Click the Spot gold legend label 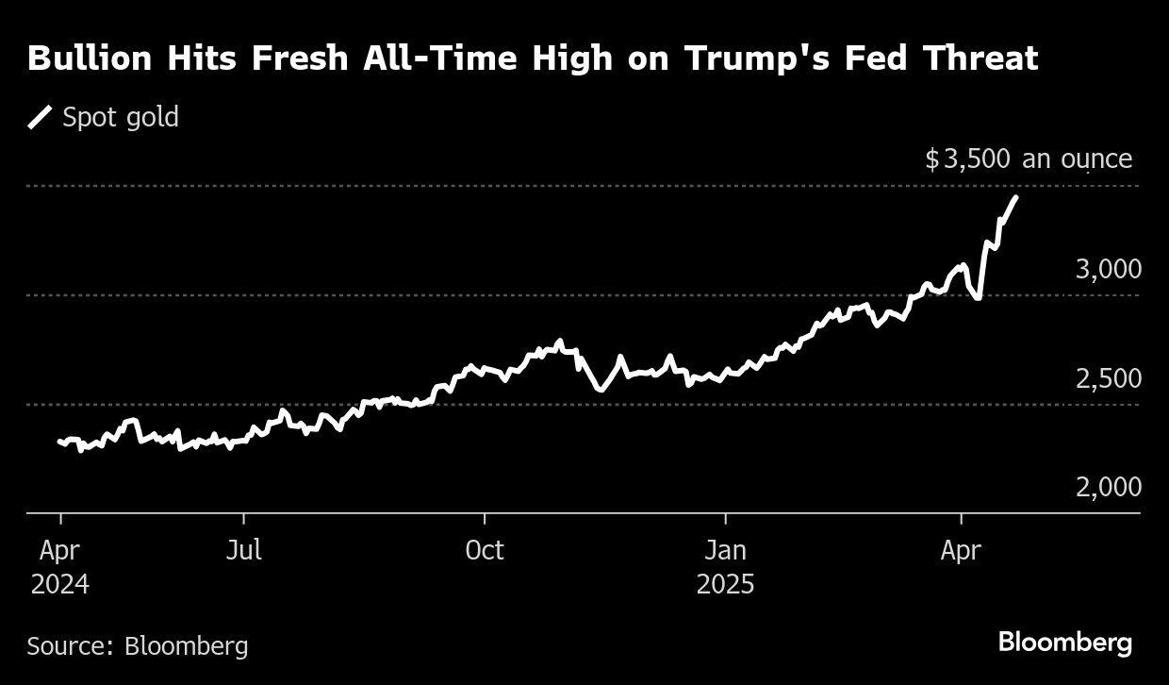click(120, 118)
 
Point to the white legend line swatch click(40, 118)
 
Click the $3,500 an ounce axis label click(1029, 159)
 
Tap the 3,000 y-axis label click(1108, 269)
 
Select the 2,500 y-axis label click(1108, 378)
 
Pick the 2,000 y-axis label click(1108, 488)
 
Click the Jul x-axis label click(243, 550)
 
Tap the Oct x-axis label click(485, 550)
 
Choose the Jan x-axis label click(726, 550)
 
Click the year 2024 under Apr click(60, 585)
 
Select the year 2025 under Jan click(726, 585)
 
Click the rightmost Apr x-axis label click(961, 550)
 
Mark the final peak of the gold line click(1015, 197)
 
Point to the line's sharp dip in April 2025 click(978, 298)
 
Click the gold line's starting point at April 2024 click(60, 441)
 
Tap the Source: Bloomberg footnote click(138, 646)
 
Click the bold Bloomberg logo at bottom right click(1065, 643)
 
